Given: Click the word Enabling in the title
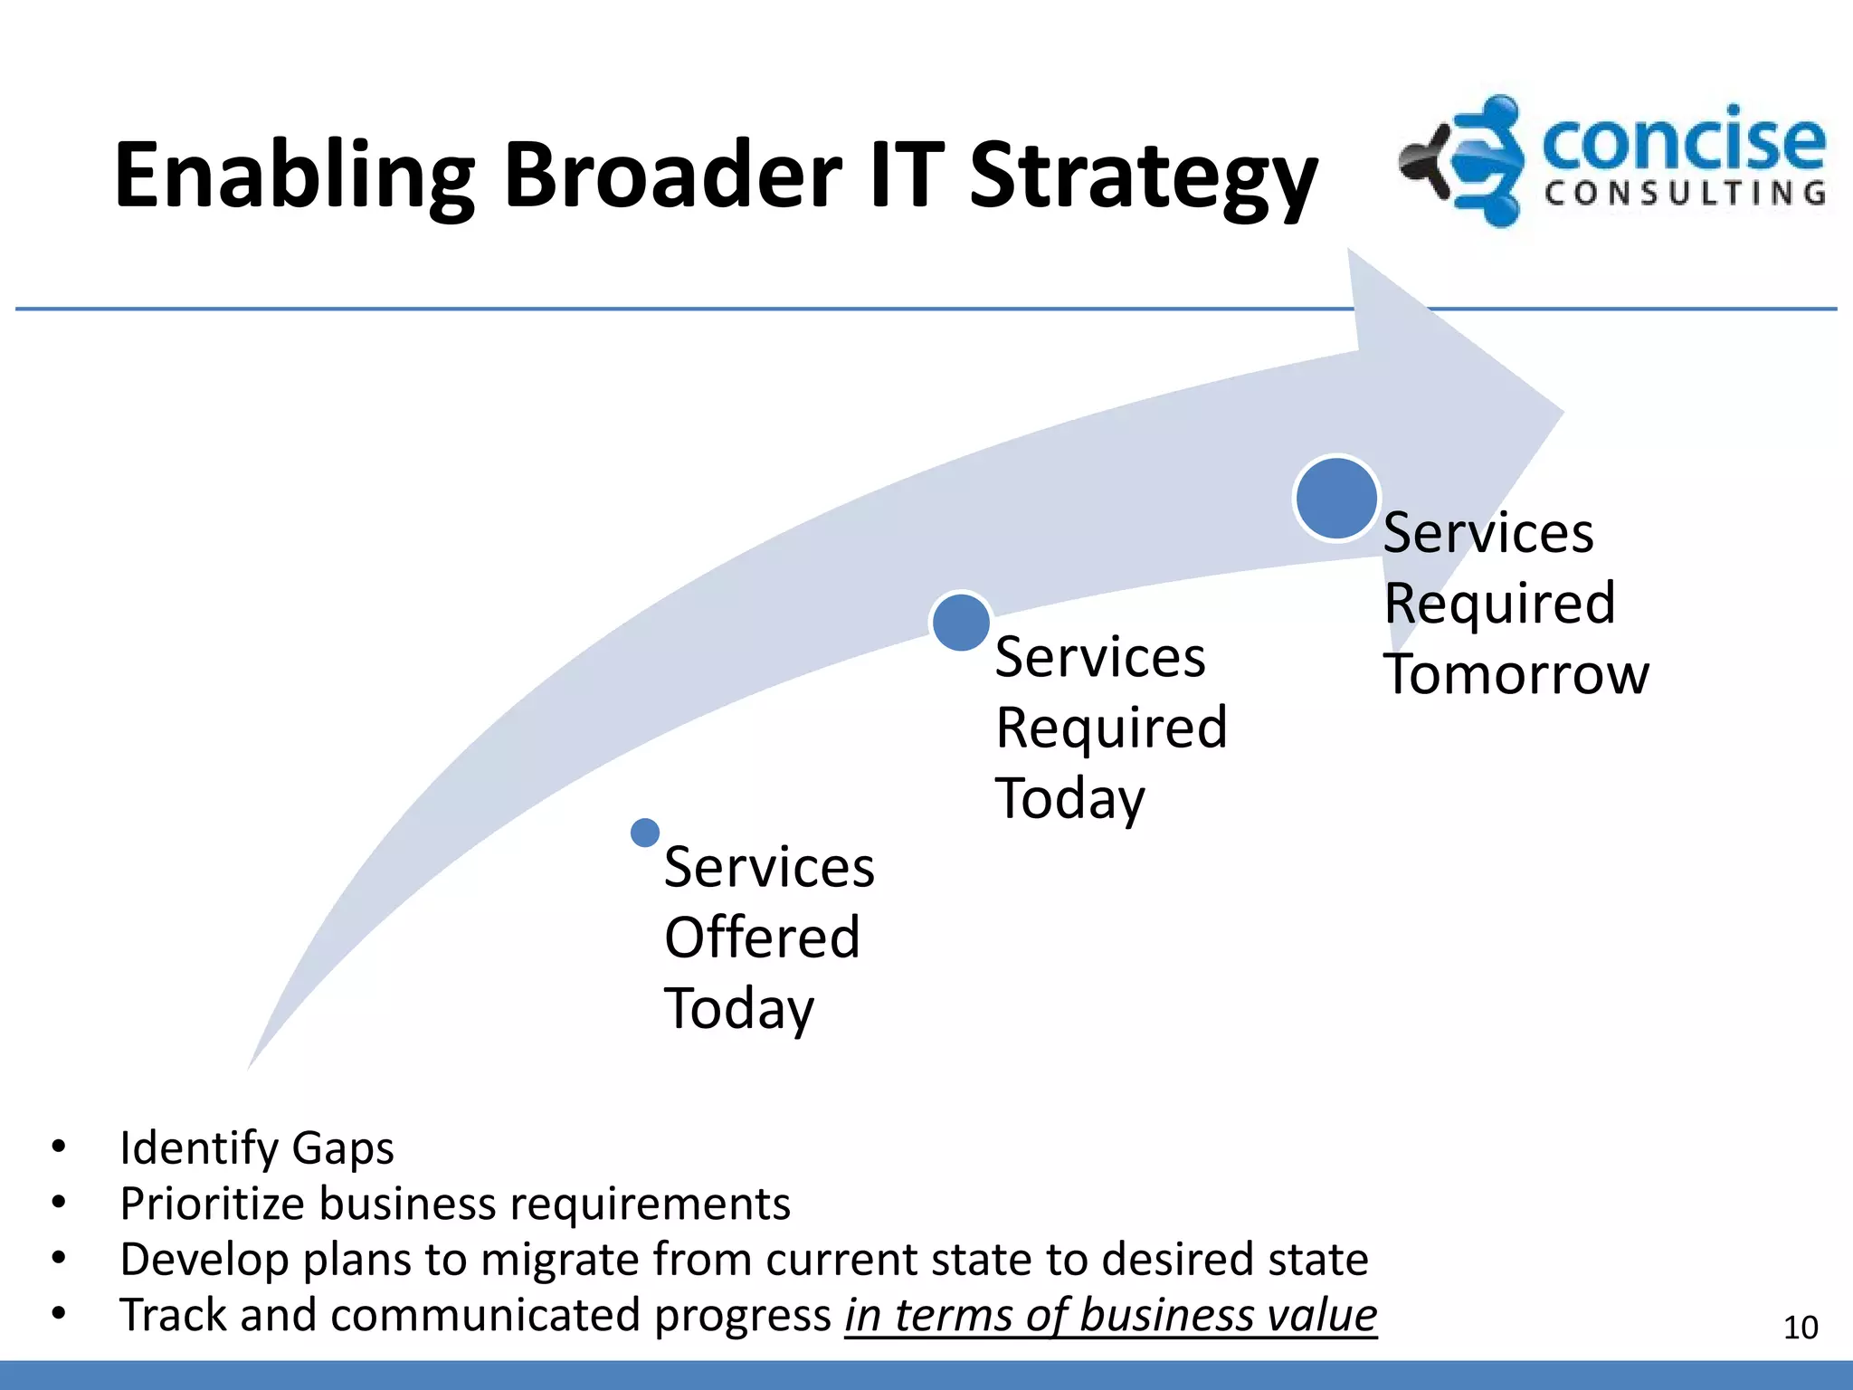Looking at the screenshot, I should coord(294,176).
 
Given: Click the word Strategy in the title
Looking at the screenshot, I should coord(1143,176).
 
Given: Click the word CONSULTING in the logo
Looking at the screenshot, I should coord(1685,194).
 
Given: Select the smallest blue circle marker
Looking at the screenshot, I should coord(645,833).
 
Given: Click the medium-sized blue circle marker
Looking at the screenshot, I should coord(961,623).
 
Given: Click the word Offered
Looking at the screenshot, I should coord(762,938).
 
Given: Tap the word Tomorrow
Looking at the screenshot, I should coord(1516,675).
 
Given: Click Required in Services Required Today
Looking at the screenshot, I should coord(1111,728).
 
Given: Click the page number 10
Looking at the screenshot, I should coord(1800,1328).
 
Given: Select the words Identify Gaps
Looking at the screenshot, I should coord(257,1148).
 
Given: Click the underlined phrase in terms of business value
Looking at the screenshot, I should coord(1110,1316).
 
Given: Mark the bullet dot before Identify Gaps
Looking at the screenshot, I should coord(59,1147).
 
